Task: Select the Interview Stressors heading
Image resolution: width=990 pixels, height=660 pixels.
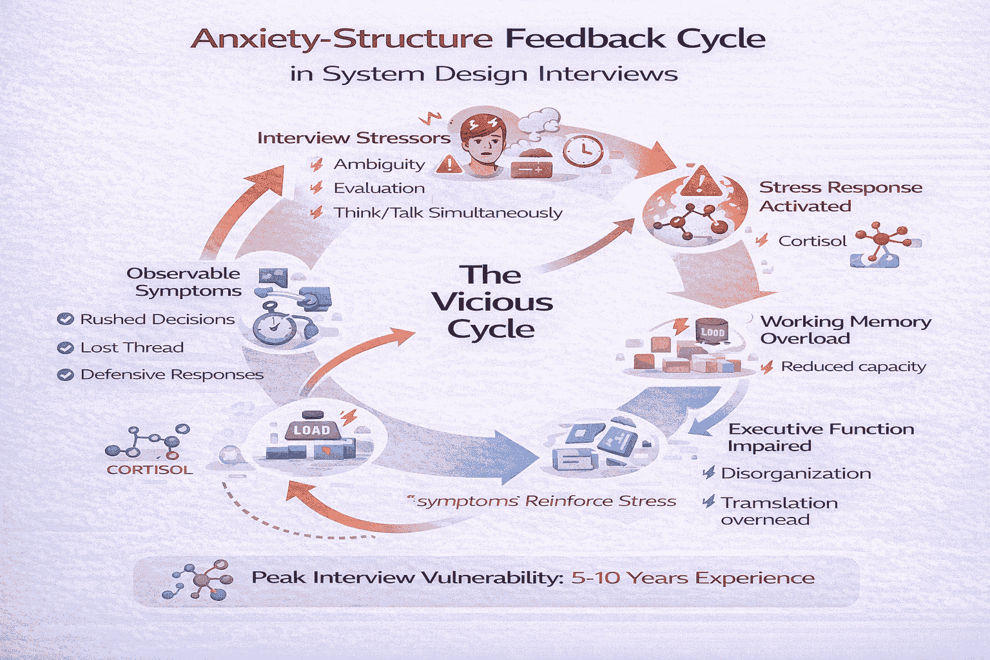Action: point(353,138)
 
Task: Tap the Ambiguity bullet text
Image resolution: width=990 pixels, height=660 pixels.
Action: point(379,164)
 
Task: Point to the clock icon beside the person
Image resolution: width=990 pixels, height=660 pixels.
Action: point(583,151)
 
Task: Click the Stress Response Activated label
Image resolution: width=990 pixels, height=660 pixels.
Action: point(840,197)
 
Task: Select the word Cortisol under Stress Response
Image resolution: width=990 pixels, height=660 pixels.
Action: point(812,241)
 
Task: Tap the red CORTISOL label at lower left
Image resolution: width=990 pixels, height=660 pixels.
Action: point(150,470)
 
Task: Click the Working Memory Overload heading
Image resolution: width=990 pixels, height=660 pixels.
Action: point(845,329)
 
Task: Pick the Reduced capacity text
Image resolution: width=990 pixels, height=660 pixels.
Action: point(853,367)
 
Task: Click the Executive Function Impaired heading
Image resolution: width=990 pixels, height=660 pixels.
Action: point(820,437)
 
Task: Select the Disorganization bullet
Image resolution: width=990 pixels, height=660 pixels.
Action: point(795,474)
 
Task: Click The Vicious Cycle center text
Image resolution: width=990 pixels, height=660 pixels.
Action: point(491,302)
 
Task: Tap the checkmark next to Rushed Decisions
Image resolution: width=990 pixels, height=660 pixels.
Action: point(65,319)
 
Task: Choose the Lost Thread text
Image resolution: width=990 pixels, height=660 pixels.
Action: point(131,347)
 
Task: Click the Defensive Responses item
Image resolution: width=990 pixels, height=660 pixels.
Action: point(171,374)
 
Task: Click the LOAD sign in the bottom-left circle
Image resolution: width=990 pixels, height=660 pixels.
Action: point(311,430)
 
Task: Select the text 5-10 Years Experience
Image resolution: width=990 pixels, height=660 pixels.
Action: point(693,577)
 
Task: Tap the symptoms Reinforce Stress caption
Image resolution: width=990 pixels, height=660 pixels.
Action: point(545,501)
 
